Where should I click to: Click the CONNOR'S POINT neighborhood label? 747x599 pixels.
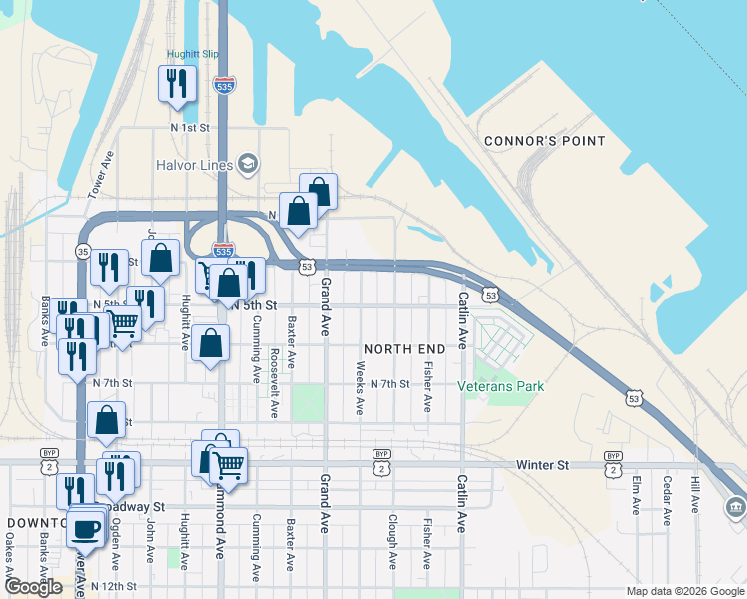pyautogui.click(x=544, y=141)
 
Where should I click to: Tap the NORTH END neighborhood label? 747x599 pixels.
pyautogui.click(x=404, y=348)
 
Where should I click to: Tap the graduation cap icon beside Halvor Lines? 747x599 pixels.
pyautogui.click(x=246, y=164)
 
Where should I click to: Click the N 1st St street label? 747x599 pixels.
pyautogui.click(x=189, y=128)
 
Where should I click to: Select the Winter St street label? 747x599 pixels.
pyautogui.click(x=542, y=465)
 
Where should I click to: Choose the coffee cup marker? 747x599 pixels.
pyautogui.click(x=86, y=528)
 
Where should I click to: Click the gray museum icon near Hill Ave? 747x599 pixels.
pyautogui.click(x=736, y=508)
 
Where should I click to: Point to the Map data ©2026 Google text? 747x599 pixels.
pyautogui.click(x=684, y=591)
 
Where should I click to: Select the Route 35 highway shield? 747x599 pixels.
pyautogui.click(x=83, y=251)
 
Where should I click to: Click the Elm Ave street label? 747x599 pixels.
pyautogui.click(x=636, y=494)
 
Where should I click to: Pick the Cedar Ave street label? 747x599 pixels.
pyautogui.click(x=666, y=494)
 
